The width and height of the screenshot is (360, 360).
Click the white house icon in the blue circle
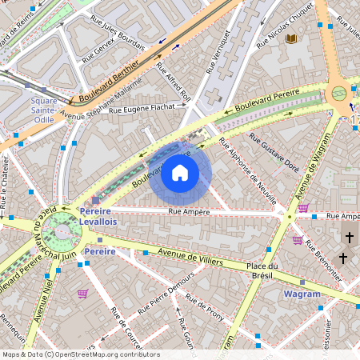(180, 172)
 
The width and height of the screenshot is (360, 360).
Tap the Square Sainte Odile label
(44, 110)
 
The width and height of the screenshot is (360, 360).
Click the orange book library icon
(291, 38)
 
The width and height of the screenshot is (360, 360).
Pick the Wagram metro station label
(302, 294)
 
